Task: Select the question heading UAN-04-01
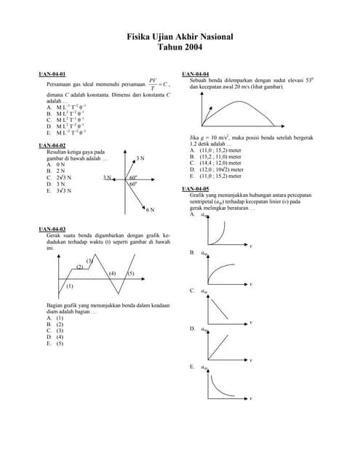pyautogui.click(x=52, y=75)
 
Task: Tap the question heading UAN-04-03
pyautogui.click(x=52, y=230)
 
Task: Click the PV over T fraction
pyautogui.click(x=153, y=84)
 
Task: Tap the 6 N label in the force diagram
pyautogui.click(x=150, y=210)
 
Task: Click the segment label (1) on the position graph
pyautogui.click(x=70, y=287)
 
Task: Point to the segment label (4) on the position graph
pyautogui.click(x=112, y=273)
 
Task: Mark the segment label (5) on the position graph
pyautogui.click(x=131, y=273)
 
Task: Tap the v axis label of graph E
pyautogui.click(x=251, y=398)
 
